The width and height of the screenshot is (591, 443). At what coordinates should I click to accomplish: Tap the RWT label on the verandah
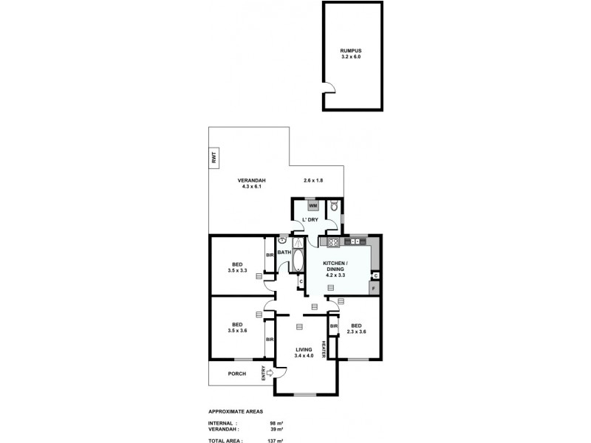[x=214, y=157]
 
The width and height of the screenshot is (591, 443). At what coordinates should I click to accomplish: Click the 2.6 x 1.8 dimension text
[x=314, y=181]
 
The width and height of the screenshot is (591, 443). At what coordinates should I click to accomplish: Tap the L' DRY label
[x=309, y=220]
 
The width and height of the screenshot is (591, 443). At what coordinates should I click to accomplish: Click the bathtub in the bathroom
[x=298, y=261]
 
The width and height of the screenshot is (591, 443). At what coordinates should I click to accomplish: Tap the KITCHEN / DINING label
[x=336, y=269]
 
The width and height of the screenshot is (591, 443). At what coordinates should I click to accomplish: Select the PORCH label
[x=236, y=374]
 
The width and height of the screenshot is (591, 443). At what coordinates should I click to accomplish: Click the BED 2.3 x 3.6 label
[x=356, y=329]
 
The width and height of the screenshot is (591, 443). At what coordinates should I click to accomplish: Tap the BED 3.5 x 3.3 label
[x=236, y=267]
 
